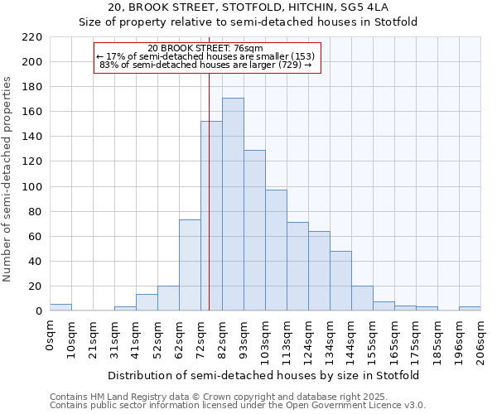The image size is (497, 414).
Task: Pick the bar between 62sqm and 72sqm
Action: [190, 265]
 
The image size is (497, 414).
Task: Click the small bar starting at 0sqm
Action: [60, 307]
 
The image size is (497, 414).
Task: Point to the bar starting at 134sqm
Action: [340, 281]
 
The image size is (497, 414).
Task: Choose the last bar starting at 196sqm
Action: [470, 309]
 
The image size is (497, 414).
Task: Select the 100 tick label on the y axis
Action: [33, 186]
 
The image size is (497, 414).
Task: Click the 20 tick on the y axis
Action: [36, 286]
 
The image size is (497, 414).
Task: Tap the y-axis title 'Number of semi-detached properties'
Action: [8, 179]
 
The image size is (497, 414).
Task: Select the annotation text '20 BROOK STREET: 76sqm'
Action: [205, 49]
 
